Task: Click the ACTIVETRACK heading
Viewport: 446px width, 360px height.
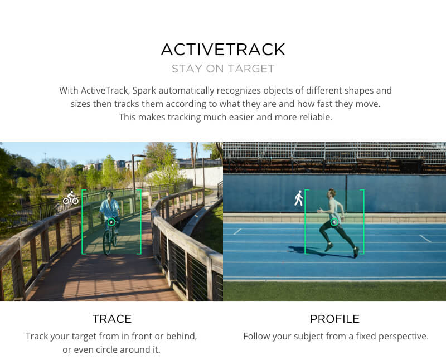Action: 223,49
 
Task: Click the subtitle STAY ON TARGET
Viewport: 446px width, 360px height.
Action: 223,69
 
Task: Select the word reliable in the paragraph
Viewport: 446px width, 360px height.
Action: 314,117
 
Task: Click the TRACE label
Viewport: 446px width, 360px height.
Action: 111,319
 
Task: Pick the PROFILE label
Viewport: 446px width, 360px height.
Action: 334,319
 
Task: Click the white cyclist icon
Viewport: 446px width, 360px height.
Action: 71,198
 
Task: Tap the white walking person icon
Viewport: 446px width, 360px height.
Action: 299,198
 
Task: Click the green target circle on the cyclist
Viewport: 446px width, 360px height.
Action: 111,222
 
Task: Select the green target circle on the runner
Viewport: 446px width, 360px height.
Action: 334,222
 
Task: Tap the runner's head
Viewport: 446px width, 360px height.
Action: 333,193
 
